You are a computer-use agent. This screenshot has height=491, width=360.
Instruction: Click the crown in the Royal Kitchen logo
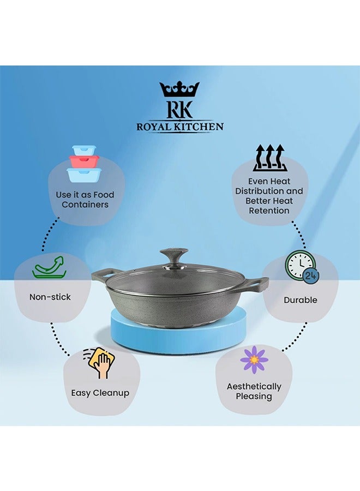point(179,89)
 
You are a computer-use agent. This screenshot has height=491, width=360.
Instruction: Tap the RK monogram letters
point(179,109)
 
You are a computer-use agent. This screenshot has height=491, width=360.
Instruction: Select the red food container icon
point(84,161)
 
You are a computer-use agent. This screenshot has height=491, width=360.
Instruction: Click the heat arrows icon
point(270,158)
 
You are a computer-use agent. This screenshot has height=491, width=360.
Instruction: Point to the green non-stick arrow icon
point(50,267)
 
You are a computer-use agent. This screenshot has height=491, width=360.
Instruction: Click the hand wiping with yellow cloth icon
point(100,363)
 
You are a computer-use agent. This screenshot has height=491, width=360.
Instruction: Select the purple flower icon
point(254,360)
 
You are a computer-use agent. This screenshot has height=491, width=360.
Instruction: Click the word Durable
point(301,300)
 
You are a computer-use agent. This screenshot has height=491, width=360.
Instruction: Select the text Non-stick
point(50,297)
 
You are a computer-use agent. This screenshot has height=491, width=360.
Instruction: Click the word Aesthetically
point(254,387)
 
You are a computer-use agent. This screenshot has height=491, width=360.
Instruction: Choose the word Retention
point(269,211)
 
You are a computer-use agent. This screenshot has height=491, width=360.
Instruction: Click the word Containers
point(85,205)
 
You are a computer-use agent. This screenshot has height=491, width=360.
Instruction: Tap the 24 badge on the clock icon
point(311,276)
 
